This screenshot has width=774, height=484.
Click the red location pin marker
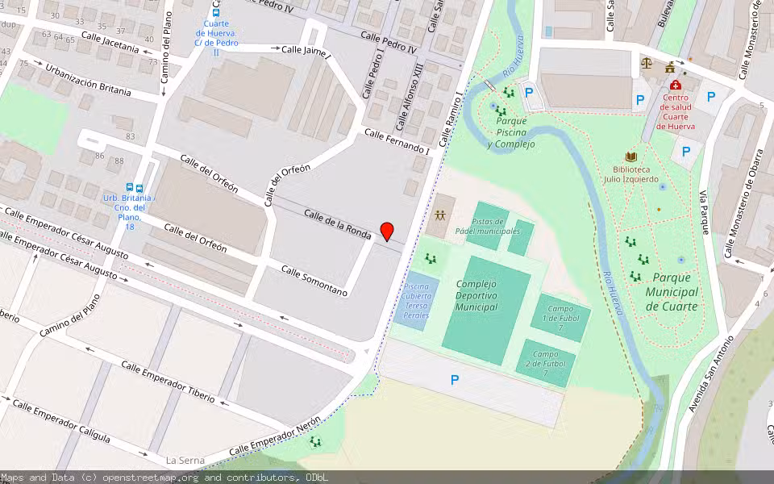click(x=387, y=231)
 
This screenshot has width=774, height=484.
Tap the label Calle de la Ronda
click(x=338, y=224)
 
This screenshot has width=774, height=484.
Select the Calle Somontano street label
click(x=314, y=280)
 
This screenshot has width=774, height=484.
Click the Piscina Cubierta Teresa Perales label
click(x=416, y=300)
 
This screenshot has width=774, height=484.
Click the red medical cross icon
click(x=675, y=85)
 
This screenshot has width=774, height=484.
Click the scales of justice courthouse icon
click(x=645, y=63)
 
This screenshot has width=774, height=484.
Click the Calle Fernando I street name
click(x=396, y=140)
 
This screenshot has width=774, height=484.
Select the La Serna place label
click(x=185, y=461)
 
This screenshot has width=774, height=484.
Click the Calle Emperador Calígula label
click(x=71, y=423)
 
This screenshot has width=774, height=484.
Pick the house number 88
click(x=119, y=161)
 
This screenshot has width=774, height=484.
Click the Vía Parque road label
click(x=704, y=212)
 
